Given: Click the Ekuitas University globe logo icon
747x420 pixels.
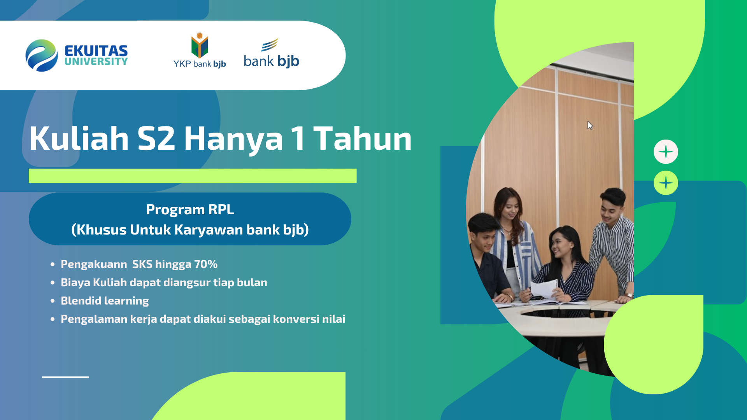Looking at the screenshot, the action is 42,55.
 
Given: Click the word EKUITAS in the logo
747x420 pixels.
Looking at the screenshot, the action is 96,51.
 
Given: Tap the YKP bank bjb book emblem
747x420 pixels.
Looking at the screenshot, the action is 200,45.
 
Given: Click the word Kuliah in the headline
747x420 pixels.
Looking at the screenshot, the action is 79,138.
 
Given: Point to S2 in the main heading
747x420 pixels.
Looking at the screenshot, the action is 156,138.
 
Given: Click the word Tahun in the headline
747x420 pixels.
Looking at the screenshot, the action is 363,138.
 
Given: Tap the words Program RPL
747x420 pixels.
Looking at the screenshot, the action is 190,210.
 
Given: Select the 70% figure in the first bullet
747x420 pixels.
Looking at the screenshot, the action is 206,264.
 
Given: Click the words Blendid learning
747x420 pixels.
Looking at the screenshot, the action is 105,301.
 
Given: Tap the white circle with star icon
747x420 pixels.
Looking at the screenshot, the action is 666,152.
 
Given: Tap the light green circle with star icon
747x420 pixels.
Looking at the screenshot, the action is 666,183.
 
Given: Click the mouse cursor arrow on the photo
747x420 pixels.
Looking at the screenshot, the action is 590,125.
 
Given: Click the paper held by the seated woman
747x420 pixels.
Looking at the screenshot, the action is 545,290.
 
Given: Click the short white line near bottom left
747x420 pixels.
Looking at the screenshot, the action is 65,377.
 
